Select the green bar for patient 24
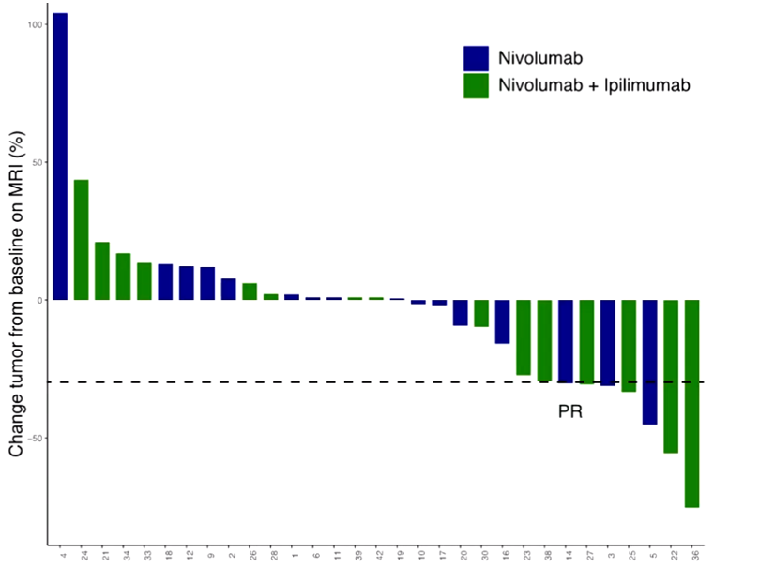[82, 240]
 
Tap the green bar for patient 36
[691, 403]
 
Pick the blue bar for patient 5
[649, 362]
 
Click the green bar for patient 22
[671, 376]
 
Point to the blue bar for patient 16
[502, 321]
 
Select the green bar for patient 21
[102, 271]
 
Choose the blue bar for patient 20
[460, 312]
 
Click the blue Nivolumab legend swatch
[476, 58]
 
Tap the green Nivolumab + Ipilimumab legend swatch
[476, 85]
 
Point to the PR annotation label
[570, 410]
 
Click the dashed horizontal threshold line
[281, 381]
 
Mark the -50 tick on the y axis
[34, 438]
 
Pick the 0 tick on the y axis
[40, 300]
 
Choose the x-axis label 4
[61, 555]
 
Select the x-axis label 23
[524, 557]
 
